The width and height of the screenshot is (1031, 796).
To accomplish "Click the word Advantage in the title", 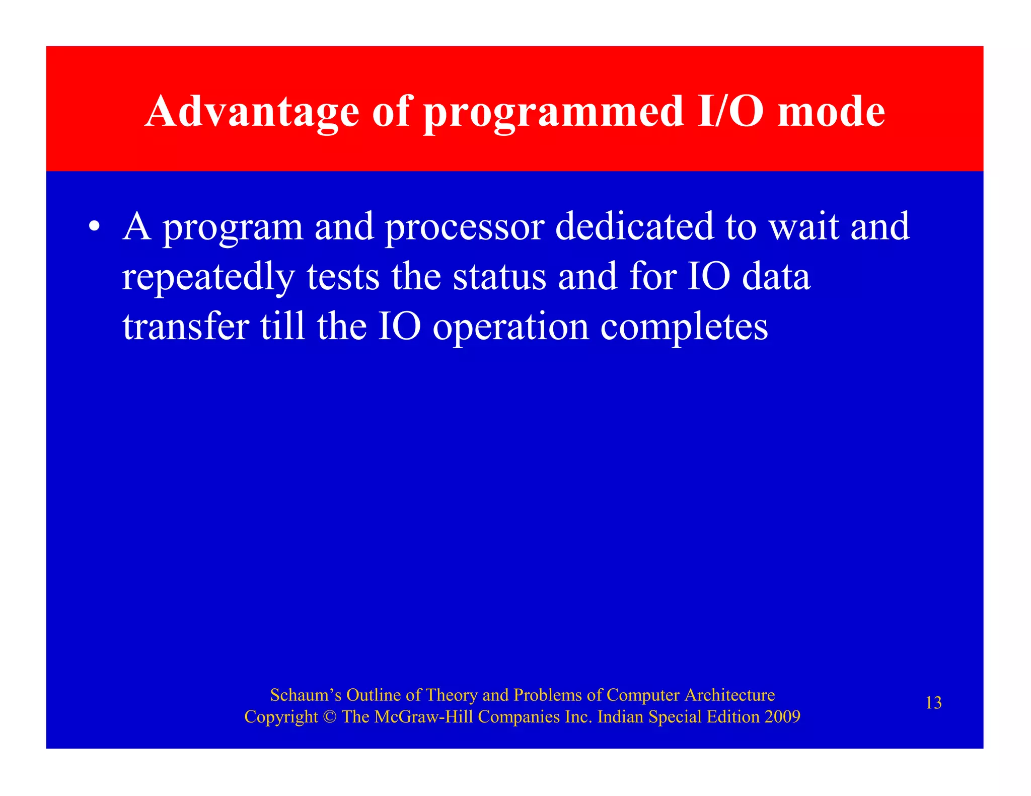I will click(x=252, y=112).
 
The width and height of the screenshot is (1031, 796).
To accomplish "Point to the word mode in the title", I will click(x=831, y=112).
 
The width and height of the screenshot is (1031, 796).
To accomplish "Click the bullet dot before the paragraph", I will click(x=93, y=226).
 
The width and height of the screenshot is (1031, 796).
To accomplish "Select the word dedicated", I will click(x=634, y=226).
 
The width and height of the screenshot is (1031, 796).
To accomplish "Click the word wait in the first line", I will click(x=804, y=226).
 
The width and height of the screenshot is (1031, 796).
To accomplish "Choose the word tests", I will click(x=343, y=276).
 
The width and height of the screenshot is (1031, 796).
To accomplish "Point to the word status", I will click(x=499, y=276).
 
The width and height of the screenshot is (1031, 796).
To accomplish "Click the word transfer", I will click(x=186, y=326).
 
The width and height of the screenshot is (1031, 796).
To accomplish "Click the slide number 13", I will click(x=933, y=702).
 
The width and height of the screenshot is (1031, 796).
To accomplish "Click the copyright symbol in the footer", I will click(x=330, y=717).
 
